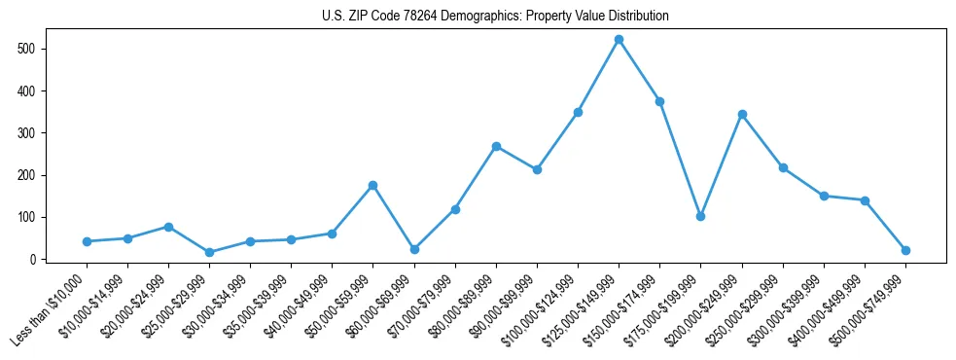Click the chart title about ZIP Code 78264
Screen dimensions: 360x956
click(x=495, y=17)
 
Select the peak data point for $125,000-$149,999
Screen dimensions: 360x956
click(x=619, y=40)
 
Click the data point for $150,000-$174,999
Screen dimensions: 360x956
click(x=659, y=101)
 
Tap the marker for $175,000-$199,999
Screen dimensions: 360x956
click(x=700, y=216)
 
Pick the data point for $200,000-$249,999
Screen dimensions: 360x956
click(x=742, y=114)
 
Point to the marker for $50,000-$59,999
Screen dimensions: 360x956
click(x=372, y=185)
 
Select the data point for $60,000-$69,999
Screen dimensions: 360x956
click(x=414, y=249)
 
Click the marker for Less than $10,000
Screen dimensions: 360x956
click(x=87, y=241)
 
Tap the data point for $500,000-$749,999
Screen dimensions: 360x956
click(x=905, y=250)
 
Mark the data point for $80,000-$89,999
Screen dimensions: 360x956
click(x=496, y=146)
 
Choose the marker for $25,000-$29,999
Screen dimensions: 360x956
click(x=209, y=252)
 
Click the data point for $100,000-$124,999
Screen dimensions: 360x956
click(x=578, y=112)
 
